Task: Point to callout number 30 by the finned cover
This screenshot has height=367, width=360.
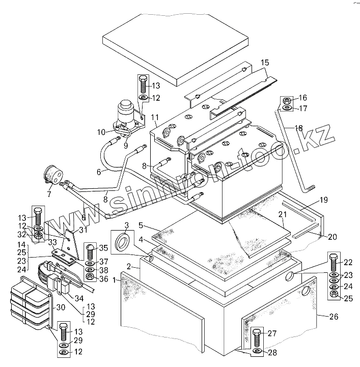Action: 61,307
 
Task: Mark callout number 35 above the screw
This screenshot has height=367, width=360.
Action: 104,249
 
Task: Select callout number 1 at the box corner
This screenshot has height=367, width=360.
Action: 117,279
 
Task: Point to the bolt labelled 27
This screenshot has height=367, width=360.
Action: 257,337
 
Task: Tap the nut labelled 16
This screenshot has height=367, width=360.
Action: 287,100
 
